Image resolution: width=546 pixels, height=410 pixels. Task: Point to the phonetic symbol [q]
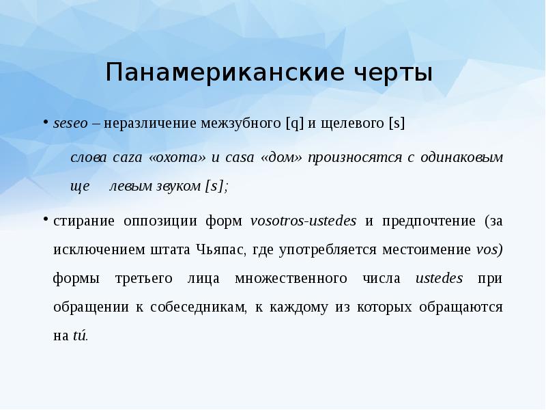(295, 124)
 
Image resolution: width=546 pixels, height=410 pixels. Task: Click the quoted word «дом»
(281, 157)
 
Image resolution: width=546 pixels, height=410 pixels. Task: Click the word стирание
(84, 221)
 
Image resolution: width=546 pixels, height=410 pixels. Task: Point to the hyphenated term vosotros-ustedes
(304, 221)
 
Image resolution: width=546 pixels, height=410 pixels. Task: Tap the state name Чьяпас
(220, 250)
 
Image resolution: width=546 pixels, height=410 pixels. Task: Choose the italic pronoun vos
(489, 250)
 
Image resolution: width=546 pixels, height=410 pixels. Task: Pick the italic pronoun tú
(80, 336)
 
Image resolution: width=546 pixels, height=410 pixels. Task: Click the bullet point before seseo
(47, 124)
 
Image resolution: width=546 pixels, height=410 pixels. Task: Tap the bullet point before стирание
(47, 221)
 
